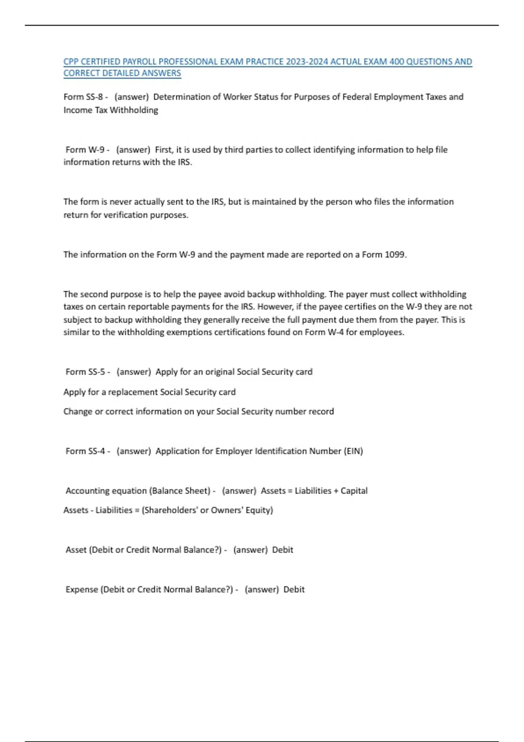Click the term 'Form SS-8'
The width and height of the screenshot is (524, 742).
(x=83, y=97)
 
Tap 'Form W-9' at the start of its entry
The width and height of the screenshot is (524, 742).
(x=85, y=150)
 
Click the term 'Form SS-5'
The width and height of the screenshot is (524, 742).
(x=85, y=372)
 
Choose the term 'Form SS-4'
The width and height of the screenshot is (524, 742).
(x=85, y=451)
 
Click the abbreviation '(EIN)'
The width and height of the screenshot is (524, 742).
(x=353, y=451)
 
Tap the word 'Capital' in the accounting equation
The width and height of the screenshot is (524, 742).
(x=354, y=491)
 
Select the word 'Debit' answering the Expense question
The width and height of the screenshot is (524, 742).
(x=294, y=590)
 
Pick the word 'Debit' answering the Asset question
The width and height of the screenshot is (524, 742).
(x=283, y=550)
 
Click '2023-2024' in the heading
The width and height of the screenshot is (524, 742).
(x=307, y=62)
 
